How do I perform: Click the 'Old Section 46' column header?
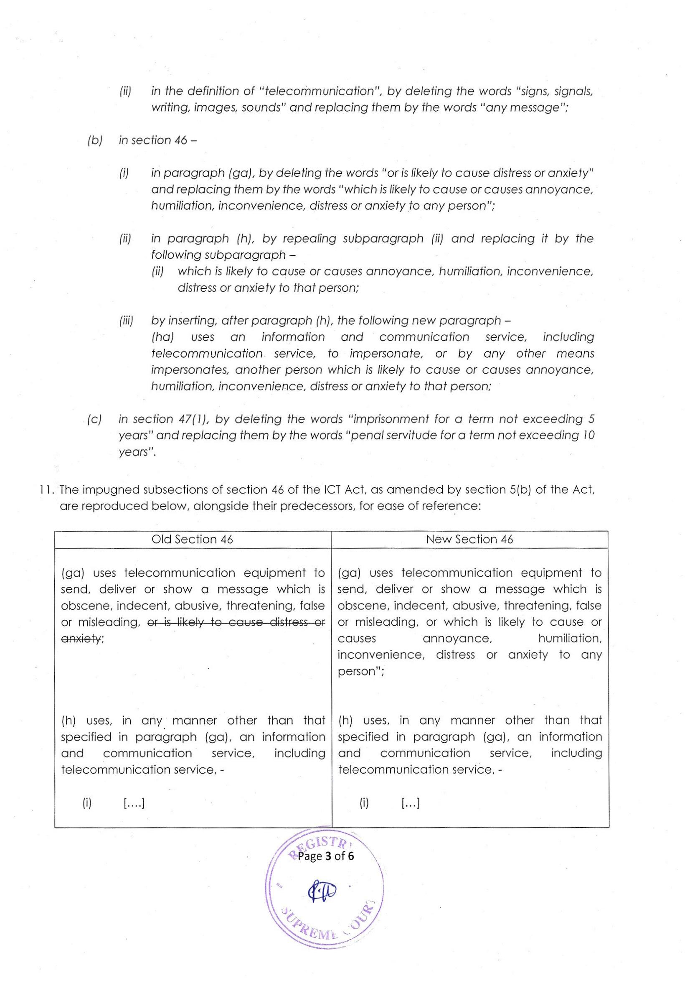tap(192, 539)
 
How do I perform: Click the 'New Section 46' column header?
tap(469, 539)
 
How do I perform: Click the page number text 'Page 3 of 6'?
tap(326, 856)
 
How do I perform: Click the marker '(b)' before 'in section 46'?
tap(94, 140)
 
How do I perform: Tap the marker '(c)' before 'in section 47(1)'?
tap(94, 419)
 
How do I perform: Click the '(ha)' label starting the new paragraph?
tap(162, 337)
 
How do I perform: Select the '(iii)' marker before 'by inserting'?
tap(126, 321)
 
